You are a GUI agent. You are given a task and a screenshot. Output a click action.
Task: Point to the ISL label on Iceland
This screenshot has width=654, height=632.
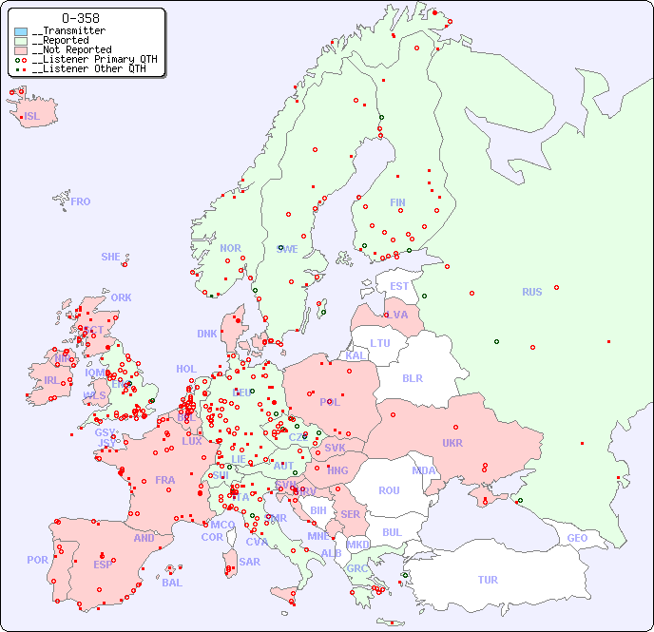tap(32, 117)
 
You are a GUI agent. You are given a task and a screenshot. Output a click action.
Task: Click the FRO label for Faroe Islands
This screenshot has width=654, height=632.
tap(81, 201)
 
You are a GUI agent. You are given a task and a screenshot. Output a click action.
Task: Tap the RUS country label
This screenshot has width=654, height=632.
tap(531, 292)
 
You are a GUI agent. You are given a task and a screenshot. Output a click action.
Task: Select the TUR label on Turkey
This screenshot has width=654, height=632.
tap(488, 580)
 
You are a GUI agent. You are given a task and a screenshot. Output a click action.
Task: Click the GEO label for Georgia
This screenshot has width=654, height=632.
tap(577, 538)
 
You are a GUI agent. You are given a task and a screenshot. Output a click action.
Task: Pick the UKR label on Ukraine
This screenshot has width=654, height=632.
tap(452, 443)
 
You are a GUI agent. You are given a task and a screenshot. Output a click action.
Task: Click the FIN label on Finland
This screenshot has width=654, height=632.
tap(397, 202)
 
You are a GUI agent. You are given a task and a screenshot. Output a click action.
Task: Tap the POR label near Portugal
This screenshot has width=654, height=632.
tap(37, 560)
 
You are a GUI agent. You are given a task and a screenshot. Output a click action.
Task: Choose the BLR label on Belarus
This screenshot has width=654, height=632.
tap(412, 377)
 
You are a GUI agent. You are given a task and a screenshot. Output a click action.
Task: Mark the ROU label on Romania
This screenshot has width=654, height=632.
tap(389, 490)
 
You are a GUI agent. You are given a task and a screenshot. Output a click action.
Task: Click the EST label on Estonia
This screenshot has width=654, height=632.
tap(399, 286)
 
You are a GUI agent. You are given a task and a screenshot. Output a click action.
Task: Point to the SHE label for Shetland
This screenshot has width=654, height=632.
tap(110, 257)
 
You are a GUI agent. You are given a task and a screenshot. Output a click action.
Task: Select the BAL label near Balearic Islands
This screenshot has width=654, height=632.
tap(172, 583)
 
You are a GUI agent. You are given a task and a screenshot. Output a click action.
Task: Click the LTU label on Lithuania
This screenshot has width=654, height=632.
tap(380, 343)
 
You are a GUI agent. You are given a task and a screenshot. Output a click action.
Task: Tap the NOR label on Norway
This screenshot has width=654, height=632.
tap(230, 248)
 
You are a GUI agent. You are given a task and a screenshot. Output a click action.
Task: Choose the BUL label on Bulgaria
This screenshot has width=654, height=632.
tap(392, 532)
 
